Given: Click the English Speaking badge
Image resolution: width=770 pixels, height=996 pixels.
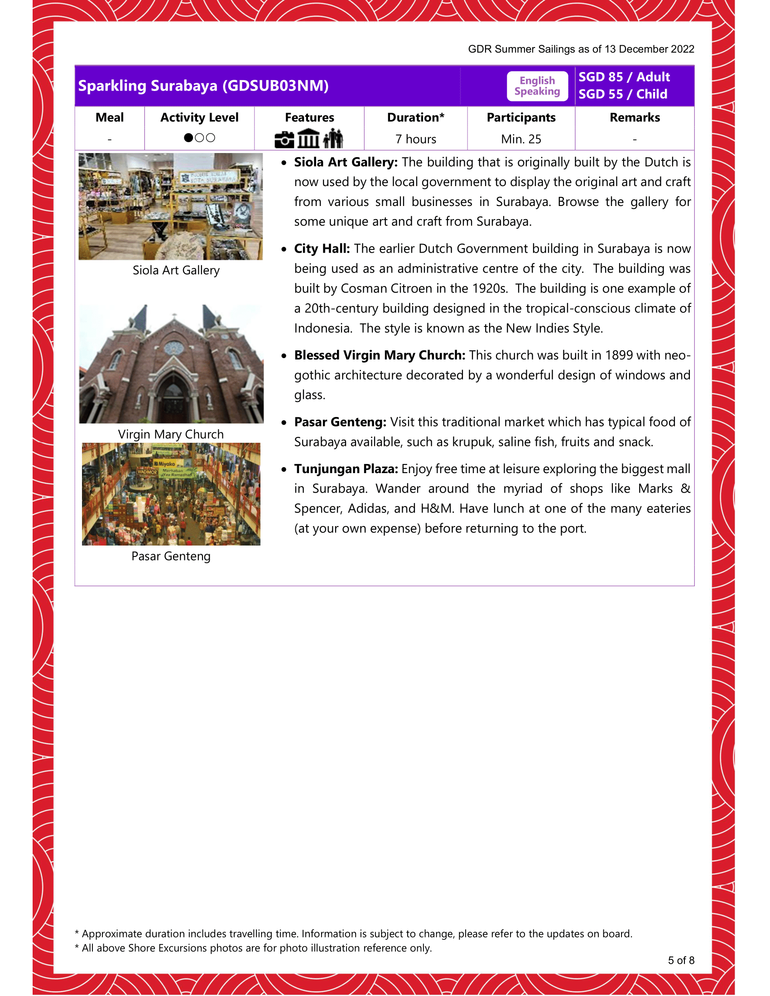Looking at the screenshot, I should (x=537, y=86).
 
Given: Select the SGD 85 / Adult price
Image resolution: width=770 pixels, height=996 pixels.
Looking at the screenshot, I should (x=624, y=77).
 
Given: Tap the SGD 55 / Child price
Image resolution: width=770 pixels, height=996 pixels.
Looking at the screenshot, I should (x=622, y=94).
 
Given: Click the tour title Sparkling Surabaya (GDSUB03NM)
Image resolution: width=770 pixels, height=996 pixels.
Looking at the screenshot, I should (x=203, y=86).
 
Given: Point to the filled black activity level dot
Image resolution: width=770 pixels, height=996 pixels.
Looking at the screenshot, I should (x=188, y=138).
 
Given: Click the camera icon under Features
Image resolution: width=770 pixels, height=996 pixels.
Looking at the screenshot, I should (x=284, y=139).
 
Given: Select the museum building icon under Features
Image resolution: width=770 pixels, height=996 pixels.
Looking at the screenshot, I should (x=308, y=139).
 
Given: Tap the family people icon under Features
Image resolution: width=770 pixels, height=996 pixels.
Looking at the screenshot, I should (x=333, y=139).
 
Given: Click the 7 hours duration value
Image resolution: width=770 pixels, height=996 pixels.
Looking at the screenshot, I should (x=415, y=139).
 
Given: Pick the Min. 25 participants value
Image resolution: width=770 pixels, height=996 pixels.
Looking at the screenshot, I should (x=520, y=139).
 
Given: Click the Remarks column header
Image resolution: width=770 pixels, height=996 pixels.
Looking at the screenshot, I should (x=634, y=118).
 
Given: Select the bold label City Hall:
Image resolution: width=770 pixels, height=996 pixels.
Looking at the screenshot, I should (x=322, y=249).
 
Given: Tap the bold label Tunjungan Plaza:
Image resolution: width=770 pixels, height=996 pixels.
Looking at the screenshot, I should (x=346, y=469).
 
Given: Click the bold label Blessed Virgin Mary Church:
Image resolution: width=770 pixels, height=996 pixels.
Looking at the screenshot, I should (x=379, y=355).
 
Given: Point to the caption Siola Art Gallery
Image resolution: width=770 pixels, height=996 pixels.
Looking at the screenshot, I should (x=176, y=270).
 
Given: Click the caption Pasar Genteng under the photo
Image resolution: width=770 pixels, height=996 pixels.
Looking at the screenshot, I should (x=171, y=556).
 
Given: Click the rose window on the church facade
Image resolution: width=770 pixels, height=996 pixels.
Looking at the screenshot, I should (x=174, y=349).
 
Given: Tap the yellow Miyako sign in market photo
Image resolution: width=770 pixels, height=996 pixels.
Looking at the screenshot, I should (x=165, y=464).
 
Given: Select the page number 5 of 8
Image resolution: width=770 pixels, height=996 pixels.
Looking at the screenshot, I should (x=681, y=960).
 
